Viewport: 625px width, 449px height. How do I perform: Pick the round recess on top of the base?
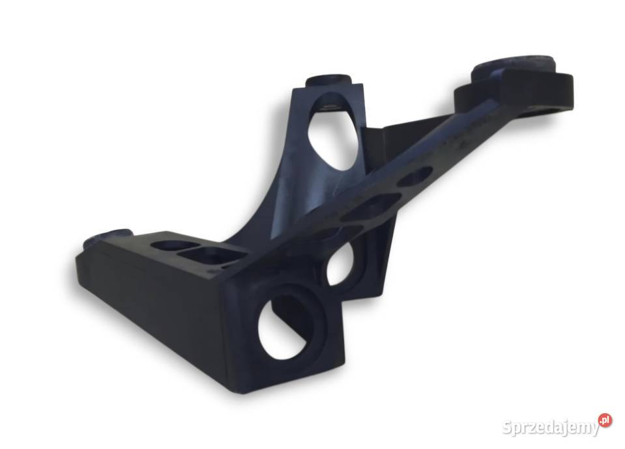click(x=167, y=245)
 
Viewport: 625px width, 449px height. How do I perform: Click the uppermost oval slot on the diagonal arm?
click(x=415, y=176)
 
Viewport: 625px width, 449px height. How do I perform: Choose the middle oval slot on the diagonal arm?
click(x=372, y=206)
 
